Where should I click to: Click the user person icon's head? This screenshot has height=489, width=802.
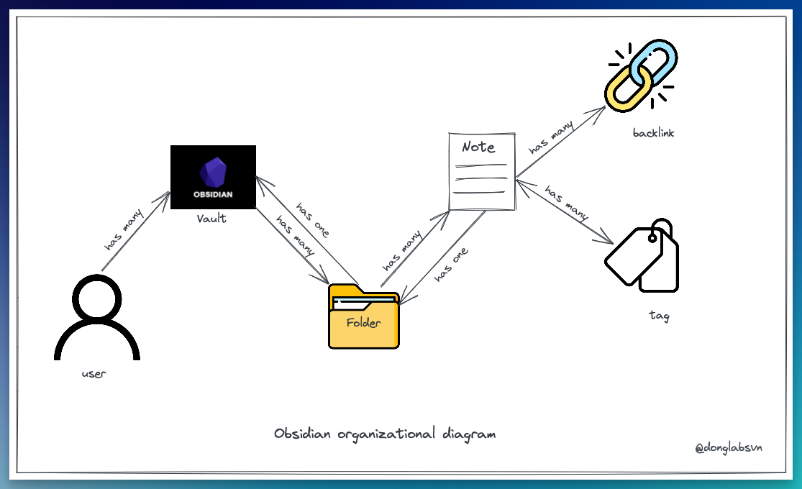click(97, 300)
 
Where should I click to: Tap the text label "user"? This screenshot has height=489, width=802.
click(94, 375)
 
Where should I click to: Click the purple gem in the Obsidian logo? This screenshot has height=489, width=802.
click(212, 173)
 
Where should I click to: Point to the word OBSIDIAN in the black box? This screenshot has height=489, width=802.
click(213, 195)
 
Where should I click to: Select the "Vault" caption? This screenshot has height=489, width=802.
click(211, 218)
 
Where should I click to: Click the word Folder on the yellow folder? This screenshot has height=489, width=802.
click(363, 323)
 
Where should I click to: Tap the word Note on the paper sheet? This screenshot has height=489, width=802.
click(478, 147)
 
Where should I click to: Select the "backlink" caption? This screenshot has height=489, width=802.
click(653, 133)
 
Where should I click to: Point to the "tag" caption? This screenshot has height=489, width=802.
click(658, 316)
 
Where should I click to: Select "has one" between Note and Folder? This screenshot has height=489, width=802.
click(452, 265)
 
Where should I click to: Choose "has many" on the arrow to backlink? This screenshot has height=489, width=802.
click(552, 138)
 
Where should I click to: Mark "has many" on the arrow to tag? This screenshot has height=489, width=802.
click(566, 204)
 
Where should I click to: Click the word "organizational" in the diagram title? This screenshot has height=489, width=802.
click(386, 434)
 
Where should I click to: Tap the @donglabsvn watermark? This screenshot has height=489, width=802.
click(728, 447)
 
